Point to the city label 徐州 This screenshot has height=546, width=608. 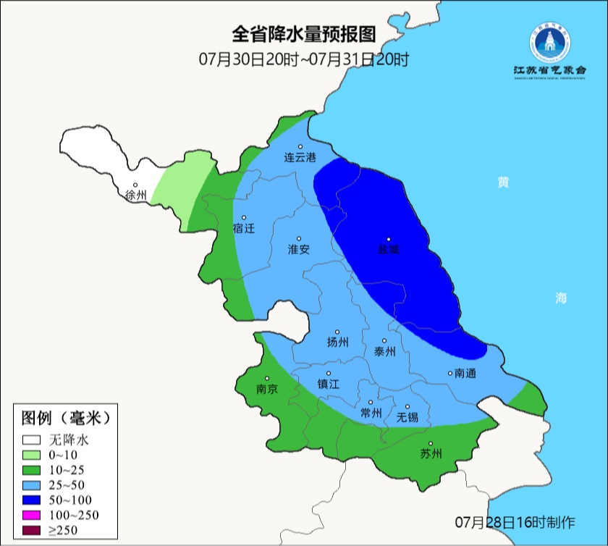(x=135, y=195)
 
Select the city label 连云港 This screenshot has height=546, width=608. (x=300, y=157)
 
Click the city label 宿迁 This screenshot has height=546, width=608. (x=245, y=228)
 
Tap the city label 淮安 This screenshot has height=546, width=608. (x=299, y=249)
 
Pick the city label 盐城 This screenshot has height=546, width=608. (x=389, y=250)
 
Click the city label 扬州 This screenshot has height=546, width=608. (x=337, y=342)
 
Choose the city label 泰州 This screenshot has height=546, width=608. (x=384, y=351)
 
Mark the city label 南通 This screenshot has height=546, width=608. (x=465, y=374)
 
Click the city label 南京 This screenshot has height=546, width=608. (x=267, y=389)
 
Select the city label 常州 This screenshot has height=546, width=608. (x=371, y=413)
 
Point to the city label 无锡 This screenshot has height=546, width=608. (x=408, y=417)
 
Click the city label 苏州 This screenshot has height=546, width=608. (x=431, y=454)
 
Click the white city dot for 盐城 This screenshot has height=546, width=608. (x=389, y=240)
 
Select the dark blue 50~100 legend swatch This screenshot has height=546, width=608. (x=32, y=500)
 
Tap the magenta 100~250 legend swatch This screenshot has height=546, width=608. (x=32, y=515)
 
